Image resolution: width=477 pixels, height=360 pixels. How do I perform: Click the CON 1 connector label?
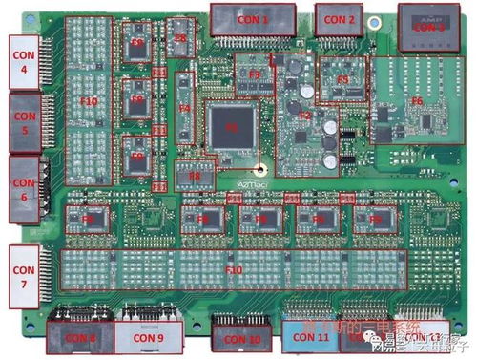pyautogui.click(x=252, y=19)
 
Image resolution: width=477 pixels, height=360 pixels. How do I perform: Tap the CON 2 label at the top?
pyautogui.click(x=338, y=19)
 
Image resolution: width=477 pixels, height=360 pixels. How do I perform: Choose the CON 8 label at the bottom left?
pyautogui.click(x=79, y=337)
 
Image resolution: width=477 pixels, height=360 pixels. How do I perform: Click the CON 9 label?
pyautogui.click(x=147, y=337)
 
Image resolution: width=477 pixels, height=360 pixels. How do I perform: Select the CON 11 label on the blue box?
pyautogui.click(x=311, y=337)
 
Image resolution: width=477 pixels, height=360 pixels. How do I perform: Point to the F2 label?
pyautogui.click(x=305, y=115)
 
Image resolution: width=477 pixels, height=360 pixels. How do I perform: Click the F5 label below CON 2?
pyautogui.click(x=342, y=80)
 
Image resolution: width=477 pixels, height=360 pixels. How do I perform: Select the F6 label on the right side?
pyautogui.click(x=417, y=99)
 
